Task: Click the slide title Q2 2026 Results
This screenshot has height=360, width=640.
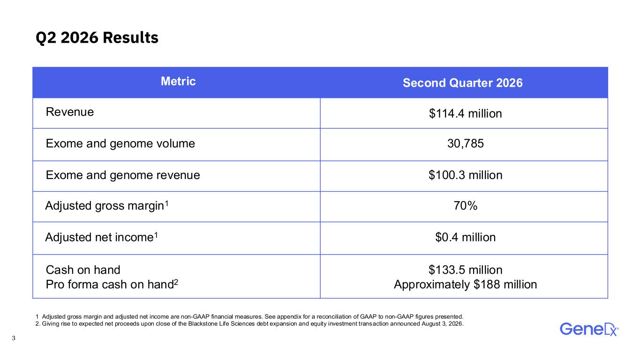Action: (97, 37)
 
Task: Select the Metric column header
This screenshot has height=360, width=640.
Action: (178, 82)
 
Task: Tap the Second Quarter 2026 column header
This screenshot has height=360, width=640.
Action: (463, 83)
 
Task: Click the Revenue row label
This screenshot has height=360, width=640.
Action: (70, 112)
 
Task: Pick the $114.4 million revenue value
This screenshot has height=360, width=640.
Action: (466, 113)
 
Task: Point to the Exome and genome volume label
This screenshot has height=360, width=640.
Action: (120, 143)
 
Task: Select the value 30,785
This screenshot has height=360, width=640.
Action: (466, 143)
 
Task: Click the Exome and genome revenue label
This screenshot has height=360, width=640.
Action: (123, 175)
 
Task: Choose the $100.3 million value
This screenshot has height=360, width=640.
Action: (466, 175)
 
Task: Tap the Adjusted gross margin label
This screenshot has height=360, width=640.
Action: (107, 205)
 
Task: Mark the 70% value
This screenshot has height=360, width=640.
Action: (466, 206)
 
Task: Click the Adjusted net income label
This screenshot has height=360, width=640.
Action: (101, 237)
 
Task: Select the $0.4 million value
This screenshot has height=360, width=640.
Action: (466, 237)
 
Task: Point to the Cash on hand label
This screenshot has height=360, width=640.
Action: (83, 270)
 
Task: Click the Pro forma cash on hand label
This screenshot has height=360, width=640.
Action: (112, 284)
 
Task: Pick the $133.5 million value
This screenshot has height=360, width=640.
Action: (466, 270)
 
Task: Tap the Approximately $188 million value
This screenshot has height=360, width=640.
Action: (466, 284)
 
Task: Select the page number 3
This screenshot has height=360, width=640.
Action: (14, 338)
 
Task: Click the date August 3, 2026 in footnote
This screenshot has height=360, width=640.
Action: (442, 324)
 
